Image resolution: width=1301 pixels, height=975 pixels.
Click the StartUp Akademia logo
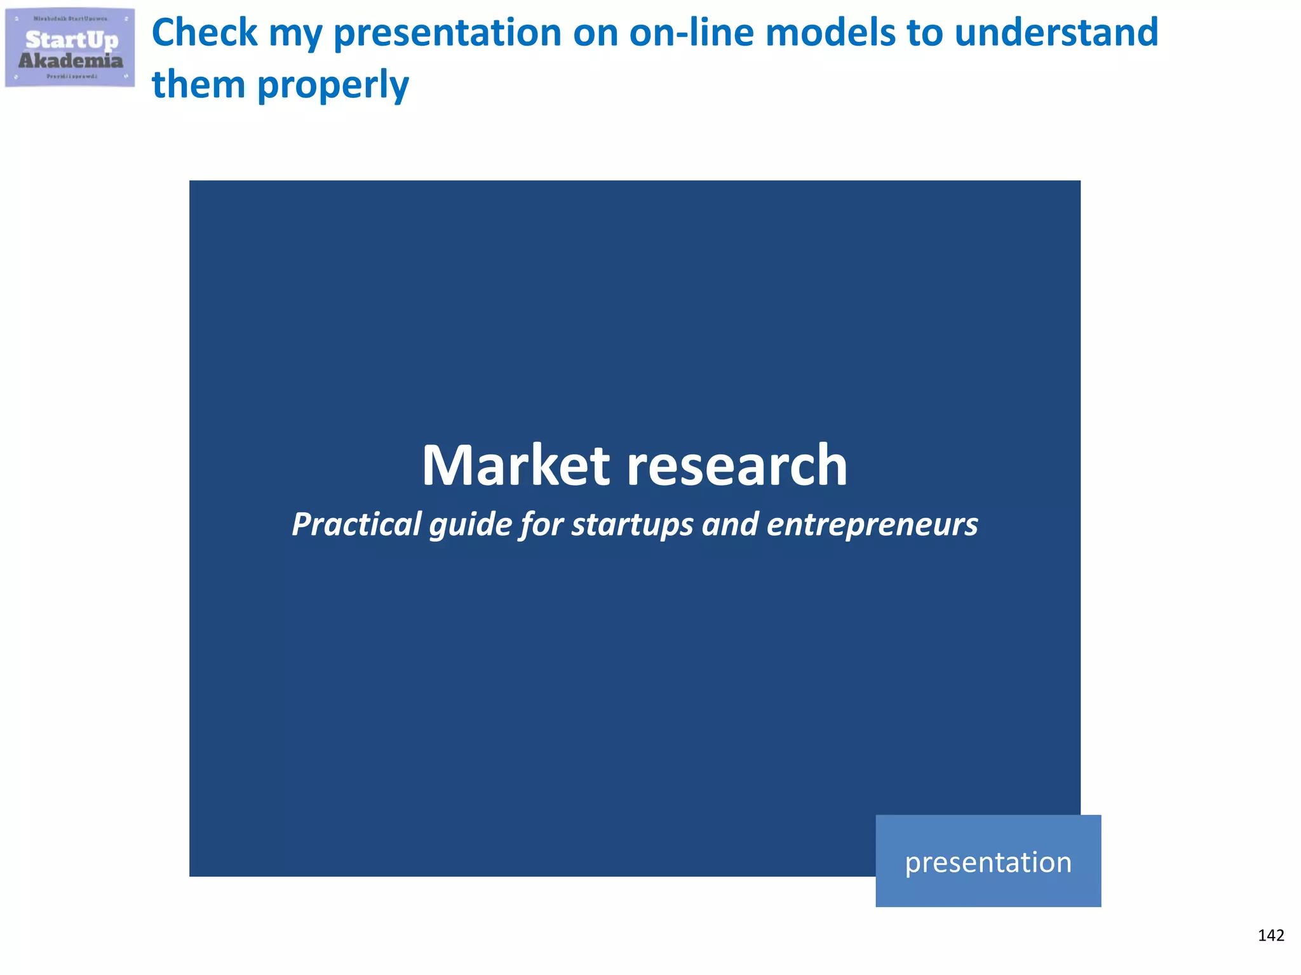point(70,48)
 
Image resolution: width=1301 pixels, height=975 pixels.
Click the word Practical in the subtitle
point(356,524)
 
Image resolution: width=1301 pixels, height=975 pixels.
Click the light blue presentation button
point(988,861)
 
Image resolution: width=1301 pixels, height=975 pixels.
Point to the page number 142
point(1271,936)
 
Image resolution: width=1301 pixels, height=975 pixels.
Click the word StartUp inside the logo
point(72,39)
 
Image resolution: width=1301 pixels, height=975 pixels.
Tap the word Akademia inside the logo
point(71,61)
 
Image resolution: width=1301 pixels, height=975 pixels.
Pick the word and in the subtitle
point(730,524)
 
